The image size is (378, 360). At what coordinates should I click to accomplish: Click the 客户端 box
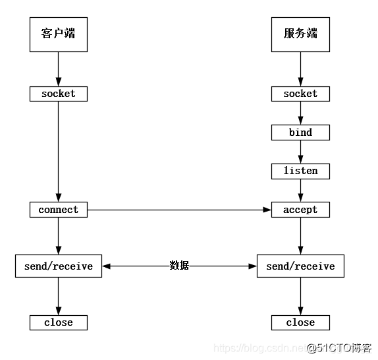click(59, 33)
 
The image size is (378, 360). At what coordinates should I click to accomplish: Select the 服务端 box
click(300, 33)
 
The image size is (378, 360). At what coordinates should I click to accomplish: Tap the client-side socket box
click(59, 94)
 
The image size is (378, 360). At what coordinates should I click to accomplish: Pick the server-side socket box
click(300, 94)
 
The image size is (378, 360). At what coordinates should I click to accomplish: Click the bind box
click(300, 133)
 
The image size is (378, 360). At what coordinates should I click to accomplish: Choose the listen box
click(300, 171)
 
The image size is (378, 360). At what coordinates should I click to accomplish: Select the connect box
click(59, 210)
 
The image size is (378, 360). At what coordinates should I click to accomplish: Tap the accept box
click(300, 210)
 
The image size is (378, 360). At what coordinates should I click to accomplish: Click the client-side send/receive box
click(59, 266)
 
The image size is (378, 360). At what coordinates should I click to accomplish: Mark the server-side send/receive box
click(300, 266)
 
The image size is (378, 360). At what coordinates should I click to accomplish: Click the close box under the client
click(59, 322)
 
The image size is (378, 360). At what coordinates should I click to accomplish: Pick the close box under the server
click(300, 322)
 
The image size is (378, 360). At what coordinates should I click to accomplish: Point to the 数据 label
click(179, 266)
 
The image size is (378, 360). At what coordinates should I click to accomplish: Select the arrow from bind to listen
click(301, 152)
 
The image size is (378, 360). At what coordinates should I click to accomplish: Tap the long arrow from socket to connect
click(59, 152)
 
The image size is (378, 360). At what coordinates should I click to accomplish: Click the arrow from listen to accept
click(301, 190)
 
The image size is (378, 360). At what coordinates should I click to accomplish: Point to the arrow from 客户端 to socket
click(59, 69)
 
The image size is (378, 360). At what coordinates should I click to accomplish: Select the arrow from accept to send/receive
click(301, 235)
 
